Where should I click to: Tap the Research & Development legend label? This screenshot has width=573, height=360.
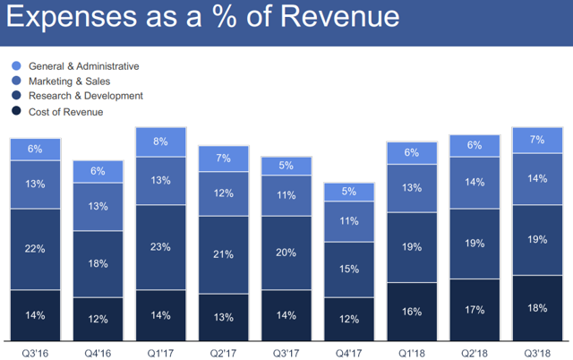point(86,96)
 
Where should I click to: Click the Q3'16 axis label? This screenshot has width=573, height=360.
point(35,352)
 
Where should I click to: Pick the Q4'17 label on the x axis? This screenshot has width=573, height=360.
point(348,352)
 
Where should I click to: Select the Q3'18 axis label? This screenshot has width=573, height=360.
point(537,352)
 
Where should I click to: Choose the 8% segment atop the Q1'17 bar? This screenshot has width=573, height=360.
point(160,141)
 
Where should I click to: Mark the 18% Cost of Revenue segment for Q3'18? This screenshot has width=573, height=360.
point(537,309)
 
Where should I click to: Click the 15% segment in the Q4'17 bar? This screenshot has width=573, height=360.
point(348,269)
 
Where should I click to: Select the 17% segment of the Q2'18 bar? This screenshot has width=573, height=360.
point(475,311)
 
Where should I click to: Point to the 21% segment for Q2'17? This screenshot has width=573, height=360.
point(223,254)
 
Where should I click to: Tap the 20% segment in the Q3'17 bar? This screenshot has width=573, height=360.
point(286,253)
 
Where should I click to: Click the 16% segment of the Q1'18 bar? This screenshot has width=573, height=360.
point(412,313)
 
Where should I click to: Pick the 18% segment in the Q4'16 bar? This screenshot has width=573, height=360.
point(98,263)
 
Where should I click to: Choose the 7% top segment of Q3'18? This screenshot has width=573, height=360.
point(537,141)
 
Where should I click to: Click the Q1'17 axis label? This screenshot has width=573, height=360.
point(160,352)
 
